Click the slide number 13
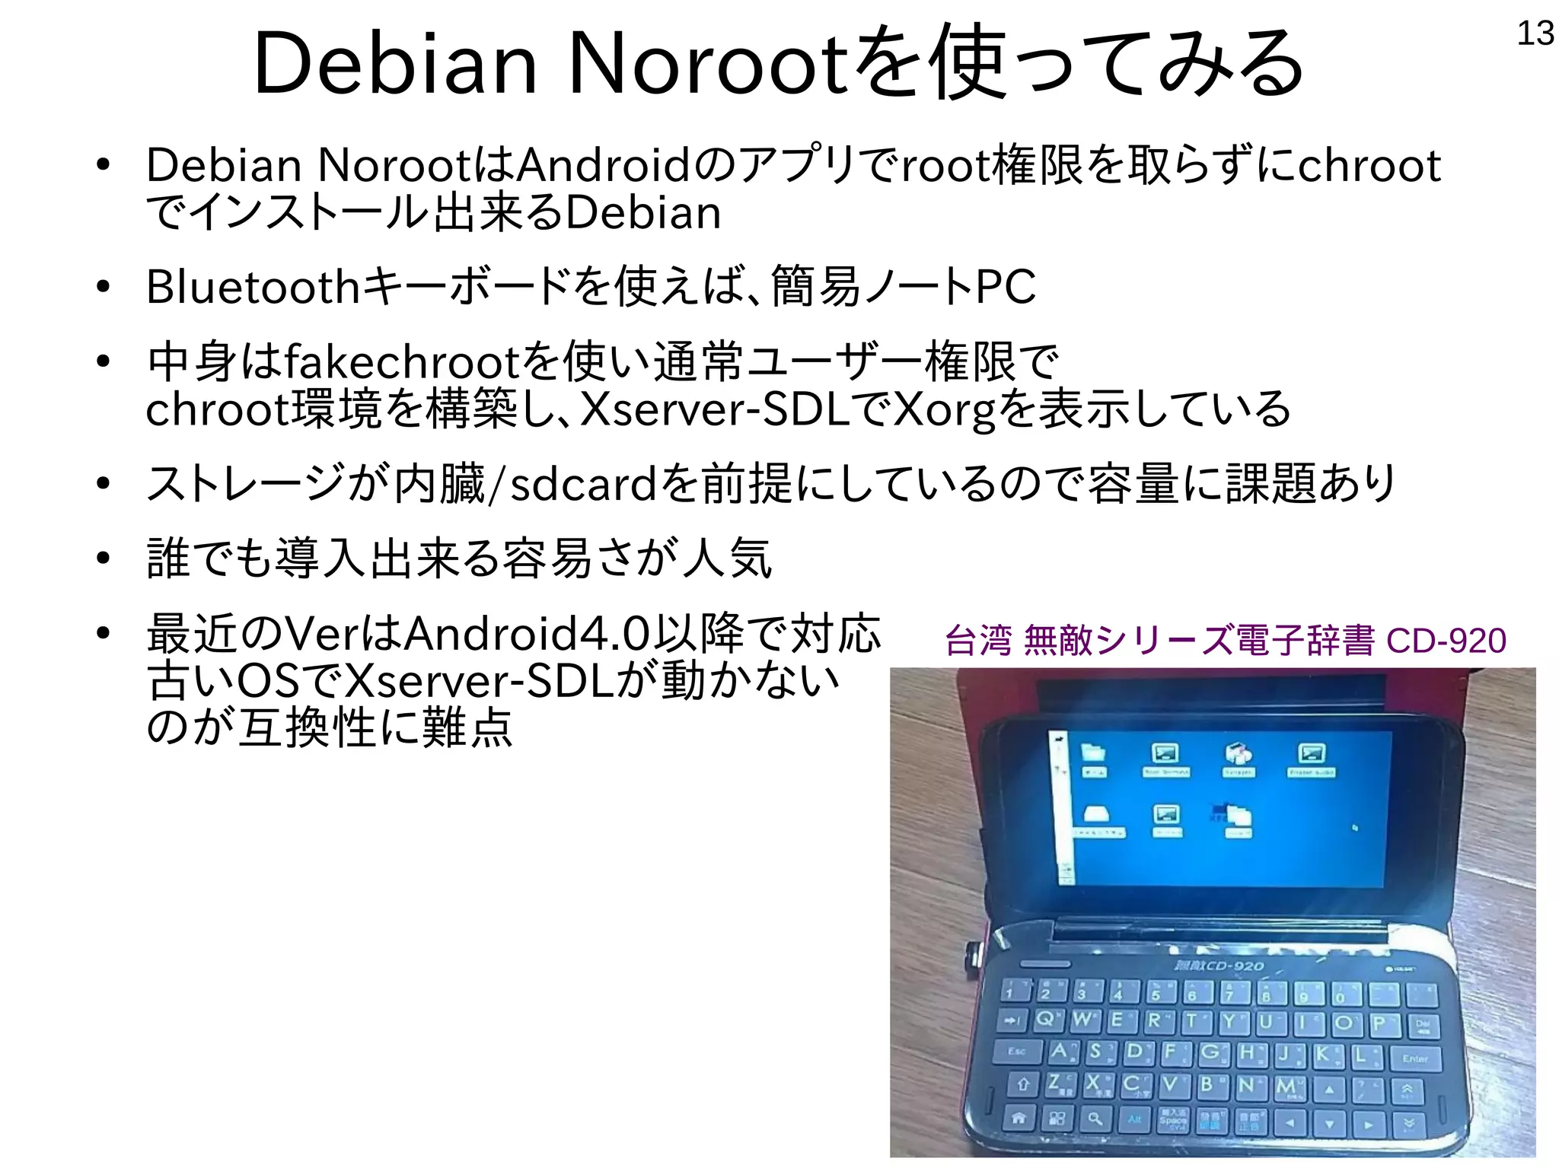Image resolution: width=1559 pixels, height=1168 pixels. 1535,33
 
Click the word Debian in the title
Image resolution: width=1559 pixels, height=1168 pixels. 395,64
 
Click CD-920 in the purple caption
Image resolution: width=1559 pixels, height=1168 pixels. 1446,641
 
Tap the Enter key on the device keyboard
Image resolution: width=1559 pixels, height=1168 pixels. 1415,1058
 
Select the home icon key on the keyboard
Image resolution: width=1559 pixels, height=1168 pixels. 1019,1118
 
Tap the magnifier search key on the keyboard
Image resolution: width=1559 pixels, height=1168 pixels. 1095,1119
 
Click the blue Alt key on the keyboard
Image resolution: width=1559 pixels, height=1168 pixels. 1134,1119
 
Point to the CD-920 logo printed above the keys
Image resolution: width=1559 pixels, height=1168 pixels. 1220,966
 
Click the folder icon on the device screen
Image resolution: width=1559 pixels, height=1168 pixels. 1094,753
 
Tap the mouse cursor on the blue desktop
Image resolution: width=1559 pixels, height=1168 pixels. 1355,827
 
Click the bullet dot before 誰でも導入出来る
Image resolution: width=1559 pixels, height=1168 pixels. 104,559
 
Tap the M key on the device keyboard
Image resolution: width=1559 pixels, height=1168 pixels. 1286,1087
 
